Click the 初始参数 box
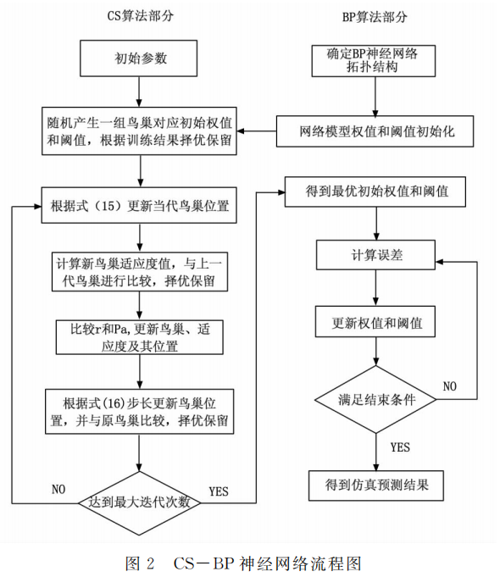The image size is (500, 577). pyautogui.click(x=141, y=59)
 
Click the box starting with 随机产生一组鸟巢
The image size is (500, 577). pyautogui.click(x=140, y=131)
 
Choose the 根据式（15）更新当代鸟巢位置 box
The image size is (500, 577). pyautogui.click(x=140, y=205)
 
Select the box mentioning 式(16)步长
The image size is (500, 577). pyautogui.click(x=140, y=410)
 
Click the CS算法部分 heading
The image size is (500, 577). pyautogui.click(x=139, y=15)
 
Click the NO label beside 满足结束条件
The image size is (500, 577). pyautogui.click(x=449, y=386)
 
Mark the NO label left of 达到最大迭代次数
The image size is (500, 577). pyautogui.click(x=58, y=489)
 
